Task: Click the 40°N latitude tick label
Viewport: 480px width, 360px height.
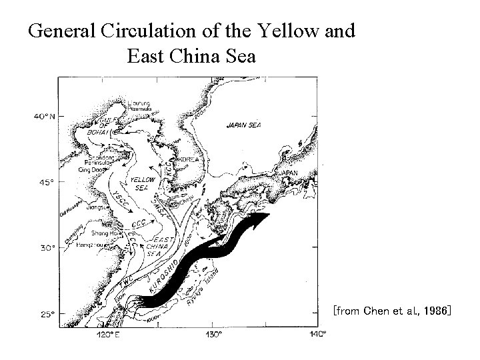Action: coord(45,116)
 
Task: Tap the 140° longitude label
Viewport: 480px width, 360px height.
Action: coord(317,333)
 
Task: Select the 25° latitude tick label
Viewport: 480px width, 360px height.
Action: coord(46,314)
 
